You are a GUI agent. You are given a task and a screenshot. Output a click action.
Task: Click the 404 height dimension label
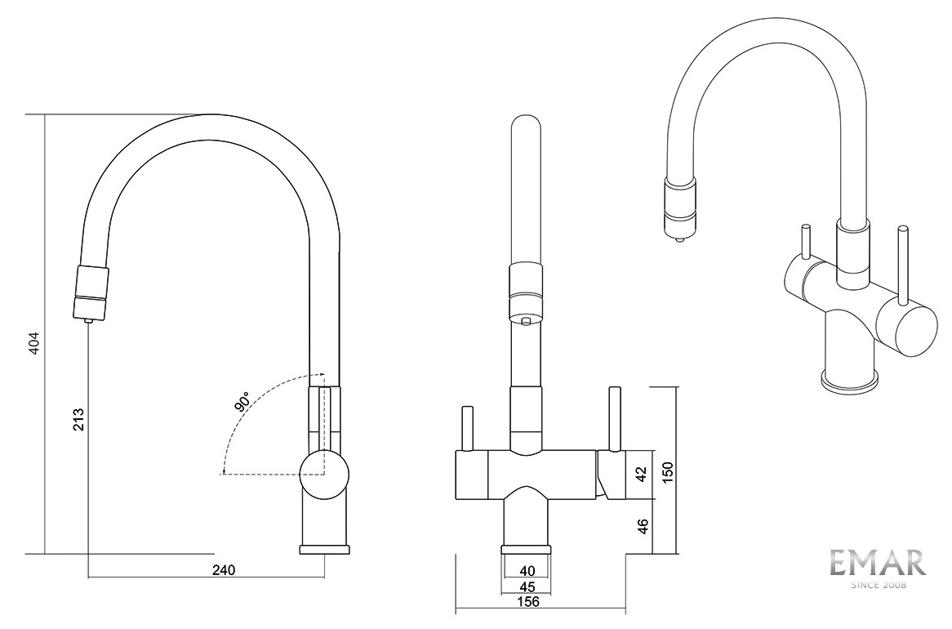point(34,343)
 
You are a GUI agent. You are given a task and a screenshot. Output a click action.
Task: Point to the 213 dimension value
point(78,419)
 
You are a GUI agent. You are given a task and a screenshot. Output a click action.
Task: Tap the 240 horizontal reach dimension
point(224,569)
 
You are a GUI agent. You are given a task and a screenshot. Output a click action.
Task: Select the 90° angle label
point(242,403)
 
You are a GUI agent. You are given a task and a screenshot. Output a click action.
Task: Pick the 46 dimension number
point(643,526)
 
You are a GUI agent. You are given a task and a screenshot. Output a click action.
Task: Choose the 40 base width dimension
point(527,571)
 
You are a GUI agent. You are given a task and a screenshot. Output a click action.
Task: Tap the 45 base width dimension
point(527,587)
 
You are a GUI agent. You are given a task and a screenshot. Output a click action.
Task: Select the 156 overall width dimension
point(527,602)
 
